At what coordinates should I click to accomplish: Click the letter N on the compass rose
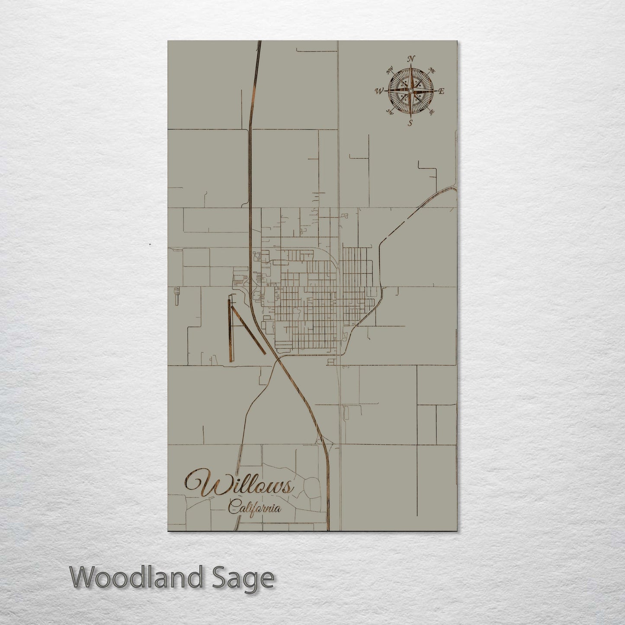(x=412, y=59)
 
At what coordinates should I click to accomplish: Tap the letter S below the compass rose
(x=410, y=122)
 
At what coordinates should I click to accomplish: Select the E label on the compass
(x=442, y=91)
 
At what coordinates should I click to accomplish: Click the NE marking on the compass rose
(x=431, y=70)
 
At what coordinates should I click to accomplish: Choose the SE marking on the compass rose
(x=431, y=112)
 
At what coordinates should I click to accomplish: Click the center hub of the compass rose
(x=410, y=90)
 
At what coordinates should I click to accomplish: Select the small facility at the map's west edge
(x=176, y=295)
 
